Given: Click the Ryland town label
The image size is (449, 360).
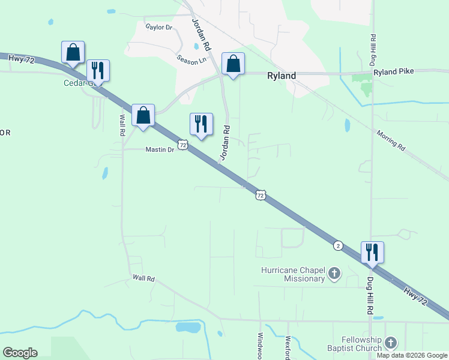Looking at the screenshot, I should (x=281, y=76).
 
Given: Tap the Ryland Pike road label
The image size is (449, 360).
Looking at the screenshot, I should (x=393, y=72).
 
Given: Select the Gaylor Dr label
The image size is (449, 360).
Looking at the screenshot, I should (x=159, y=27).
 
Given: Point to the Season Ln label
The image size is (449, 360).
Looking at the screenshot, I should (x=191, y=60).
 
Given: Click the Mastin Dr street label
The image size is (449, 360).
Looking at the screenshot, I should (x=160, y=149).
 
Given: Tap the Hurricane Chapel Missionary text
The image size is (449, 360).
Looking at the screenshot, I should (x=293, y=274).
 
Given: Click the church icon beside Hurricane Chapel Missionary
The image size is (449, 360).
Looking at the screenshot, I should (x=335, y=275).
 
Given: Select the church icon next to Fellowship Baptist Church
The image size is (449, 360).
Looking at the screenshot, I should (x=391, y=343).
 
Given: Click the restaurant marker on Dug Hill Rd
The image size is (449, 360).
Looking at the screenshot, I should (x=372, y=253).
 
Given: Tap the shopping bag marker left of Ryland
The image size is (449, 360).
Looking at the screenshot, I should (x=233, y=64).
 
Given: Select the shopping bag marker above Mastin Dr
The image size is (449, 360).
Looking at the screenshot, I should (x=143, y=115).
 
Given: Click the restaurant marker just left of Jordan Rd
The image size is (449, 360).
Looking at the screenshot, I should (x=201, y=124).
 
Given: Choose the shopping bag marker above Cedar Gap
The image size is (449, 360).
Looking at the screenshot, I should (x=73, y=52).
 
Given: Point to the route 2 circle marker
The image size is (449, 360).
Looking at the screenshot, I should (x=338, y=246).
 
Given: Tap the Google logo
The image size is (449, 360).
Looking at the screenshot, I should (x=20, y=353).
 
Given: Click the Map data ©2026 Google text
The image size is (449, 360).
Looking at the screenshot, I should (x=412, y=355).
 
